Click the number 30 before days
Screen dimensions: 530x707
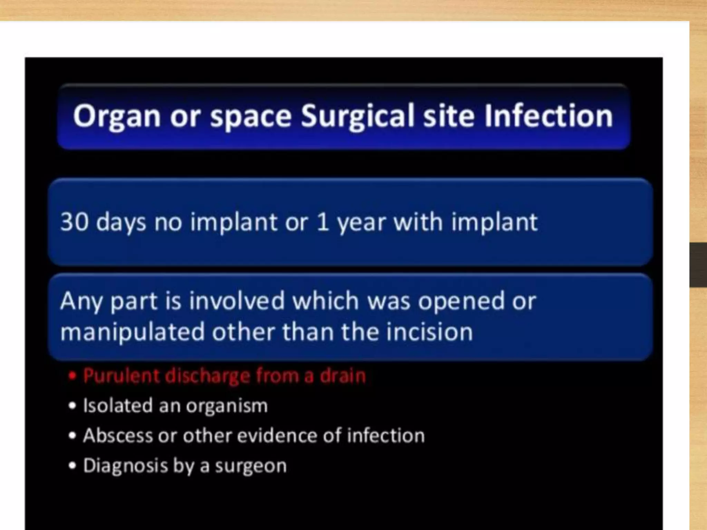[74, 222]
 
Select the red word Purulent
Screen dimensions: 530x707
[120, 375]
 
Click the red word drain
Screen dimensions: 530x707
[343, 375]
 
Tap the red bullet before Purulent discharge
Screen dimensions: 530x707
[72, 376]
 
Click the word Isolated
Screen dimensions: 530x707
[118, 405]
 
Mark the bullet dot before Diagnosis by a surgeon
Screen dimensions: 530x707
[72, 466]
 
